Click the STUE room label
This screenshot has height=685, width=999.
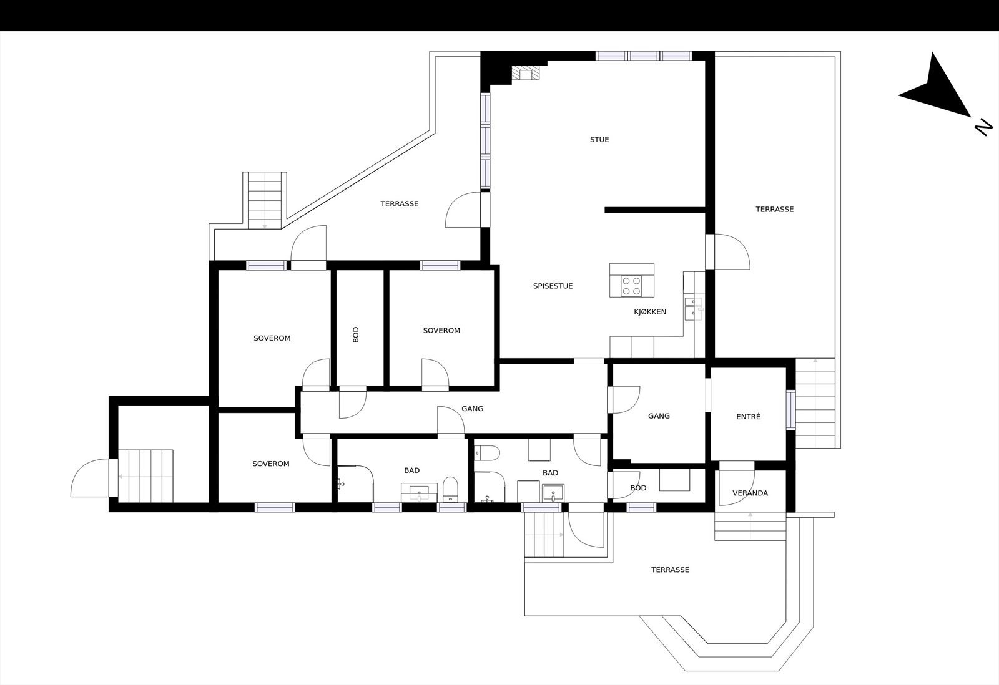pyautogui.click(x=599, y=140)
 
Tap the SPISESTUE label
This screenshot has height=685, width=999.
pyautogui.click(x=553, y=286)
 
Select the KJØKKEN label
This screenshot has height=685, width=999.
pyautogui.click(x=650, y=312)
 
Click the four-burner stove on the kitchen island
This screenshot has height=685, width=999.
pyautogui.click(x=631, y=286)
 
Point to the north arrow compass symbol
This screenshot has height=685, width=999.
pyautogui.click(x=937, y=90)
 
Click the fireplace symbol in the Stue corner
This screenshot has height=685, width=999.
pyautogui.click(x=524, y=74)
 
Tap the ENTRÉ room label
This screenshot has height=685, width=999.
pyautogui.click(x=748, y=417)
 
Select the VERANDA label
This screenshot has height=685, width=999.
pyautogui.click(x=750, y=493)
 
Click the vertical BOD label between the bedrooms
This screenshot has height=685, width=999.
pyautogui.click(x=356, y=335)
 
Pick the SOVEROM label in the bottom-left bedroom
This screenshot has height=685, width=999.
pyautogui.click(x=271, y=464)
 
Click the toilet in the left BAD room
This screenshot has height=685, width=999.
pyautogui.click(x=451, y=489)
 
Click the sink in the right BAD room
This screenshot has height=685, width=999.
pyautogui.click(x=553, y=493)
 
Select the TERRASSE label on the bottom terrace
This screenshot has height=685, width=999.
pyautogui.click(x=670, y=570)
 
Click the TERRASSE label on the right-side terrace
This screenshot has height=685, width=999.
pyautogui.click(x=774, y=210)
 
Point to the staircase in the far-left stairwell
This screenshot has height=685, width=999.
pyautogui.click(x=145, y=475)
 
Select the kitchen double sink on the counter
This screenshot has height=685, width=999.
pyautogui.click(x=693, y=307)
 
